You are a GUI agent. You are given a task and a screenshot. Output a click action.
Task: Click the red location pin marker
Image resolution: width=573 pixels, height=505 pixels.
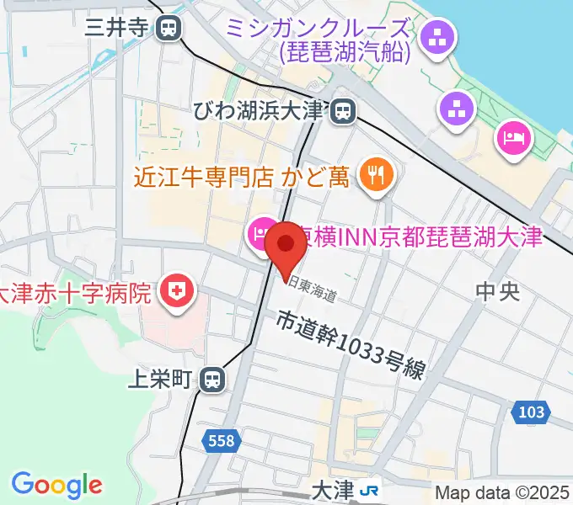pyautogui.click(x=285, y=247)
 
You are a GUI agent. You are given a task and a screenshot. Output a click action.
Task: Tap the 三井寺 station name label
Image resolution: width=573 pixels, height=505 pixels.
pyautogui.click(x=117, y=28)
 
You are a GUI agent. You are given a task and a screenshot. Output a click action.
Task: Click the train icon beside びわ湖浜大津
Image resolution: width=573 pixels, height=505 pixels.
pyautogui.click(x=342, y=110)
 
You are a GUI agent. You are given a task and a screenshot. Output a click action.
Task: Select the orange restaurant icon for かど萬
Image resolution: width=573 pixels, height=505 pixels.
pyautogui.click(x=372, y=174)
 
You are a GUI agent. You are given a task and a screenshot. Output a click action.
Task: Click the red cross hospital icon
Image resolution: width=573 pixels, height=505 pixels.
pyautogui.click(x=177, y=292)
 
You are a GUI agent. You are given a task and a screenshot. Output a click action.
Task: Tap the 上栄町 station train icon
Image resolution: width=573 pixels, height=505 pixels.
pyautogui.click(x=214, y=380)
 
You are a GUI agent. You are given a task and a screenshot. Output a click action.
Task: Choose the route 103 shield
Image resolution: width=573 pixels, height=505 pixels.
pyautogui.click(x=530, y=412)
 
